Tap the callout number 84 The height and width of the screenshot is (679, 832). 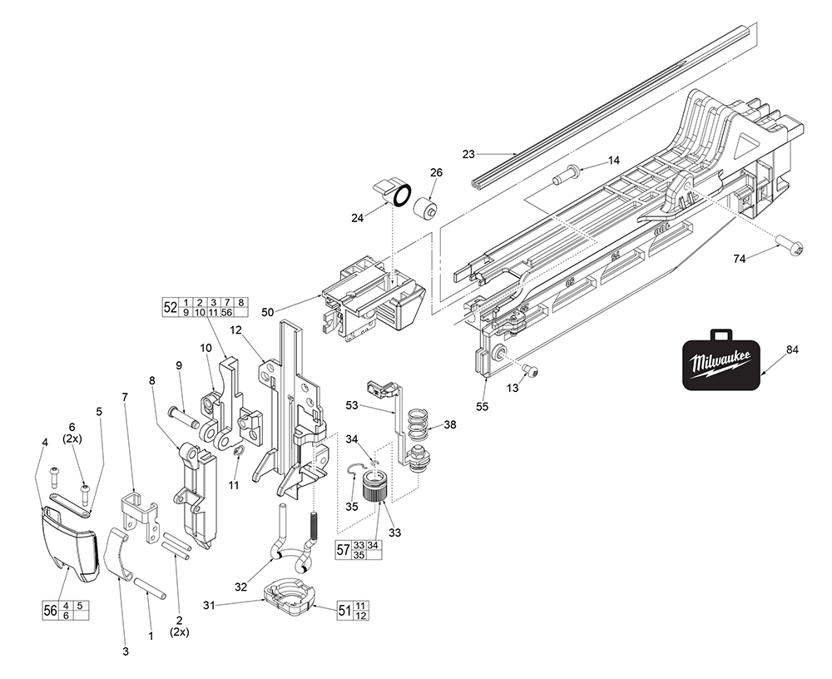791,349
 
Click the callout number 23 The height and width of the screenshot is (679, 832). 468,153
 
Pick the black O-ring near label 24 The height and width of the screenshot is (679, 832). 400,196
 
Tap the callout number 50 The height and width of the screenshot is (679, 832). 267,311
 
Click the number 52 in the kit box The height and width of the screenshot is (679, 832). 170,306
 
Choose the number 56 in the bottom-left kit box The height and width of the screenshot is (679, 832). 50,610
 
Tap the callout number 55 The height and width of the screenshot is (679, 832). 482,407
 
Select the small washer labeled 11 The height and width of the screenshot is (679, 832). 238,451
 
